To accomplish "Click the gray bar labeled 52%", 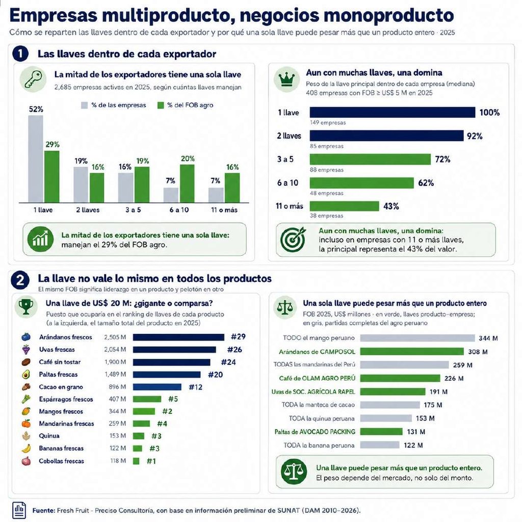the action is pos(36,159).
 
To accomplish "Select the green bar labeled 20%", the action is pos(187,184).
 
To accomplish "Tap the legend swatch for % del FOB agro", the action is pos(161,105).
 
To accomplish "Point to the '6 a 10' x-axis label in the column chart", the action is pos(179,210).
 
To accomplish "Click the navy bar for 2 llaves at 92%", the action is pos(386,136).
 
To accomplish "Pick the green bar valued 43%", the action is pos(344,206).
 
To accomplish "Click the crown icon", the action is pos(286,79).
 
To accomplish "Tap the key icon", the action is pos(33,79).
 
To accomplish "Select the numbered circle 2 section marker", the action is pos(20,280).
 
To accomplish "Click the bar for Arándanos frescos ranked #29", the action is pos(178,337).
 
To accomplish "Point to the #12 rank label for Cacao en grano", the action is pos(195,387).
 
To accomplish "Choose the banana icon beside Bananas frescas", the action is pos(27,449).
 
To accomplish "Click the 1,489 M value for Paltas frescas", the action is pos(115,374).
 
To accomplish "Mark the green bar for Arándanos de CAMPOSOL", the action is pos(412,352).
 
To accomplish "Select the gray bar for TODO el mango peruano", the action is pos(417,338).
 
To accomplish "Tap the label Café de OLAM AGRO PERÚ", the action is pos(317,378).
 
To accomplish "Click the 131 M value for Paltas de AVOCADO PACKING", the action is pos(416,432).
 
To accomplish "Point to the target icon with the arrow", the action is pos(293,239).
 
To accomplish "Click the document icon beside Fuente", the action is pos(19,510).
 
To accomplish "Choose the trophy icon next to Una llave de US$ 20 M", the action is pos(25,306).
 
